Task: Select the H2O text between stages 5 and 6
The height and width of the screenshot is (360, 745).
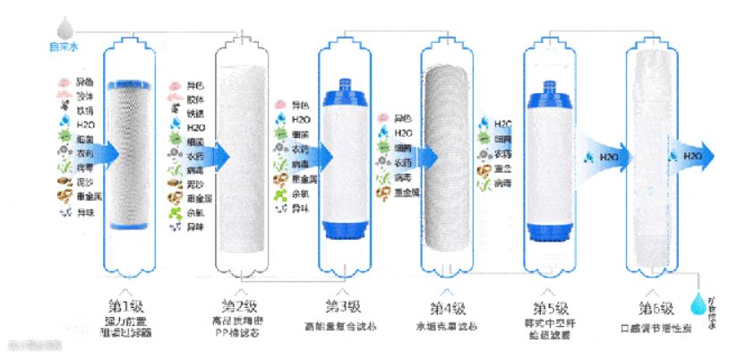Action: click(609, 158)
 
